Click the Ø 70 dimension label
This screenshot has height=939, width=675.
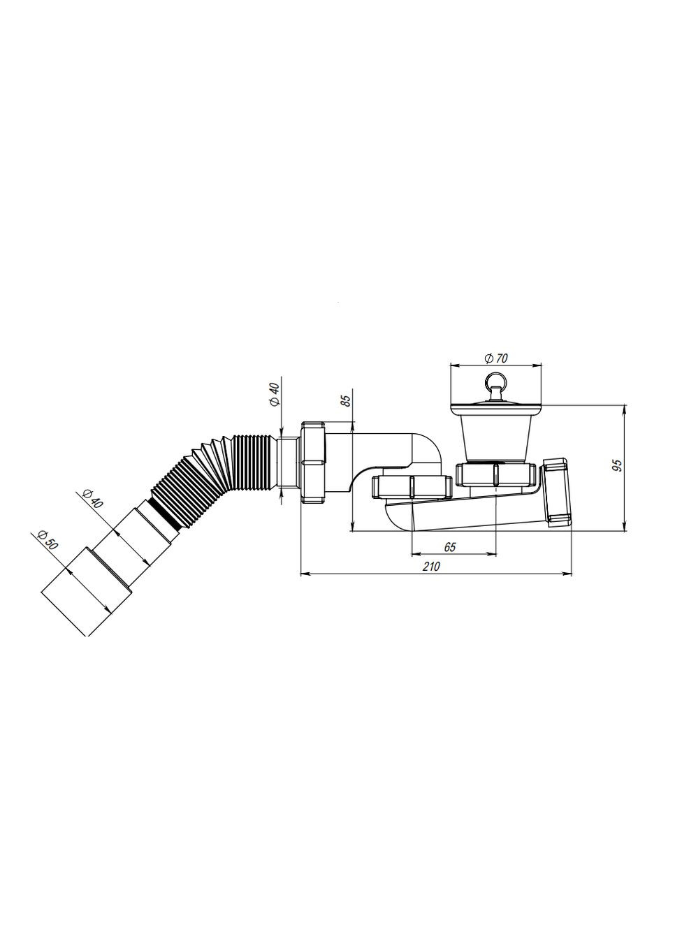point(495,358)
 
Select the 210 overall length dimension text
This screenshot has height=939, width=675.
point(431,567)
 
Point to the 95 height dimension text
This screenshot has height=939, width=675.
point(618,467)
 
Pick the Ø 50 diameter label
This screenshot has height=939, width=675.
point(47,539)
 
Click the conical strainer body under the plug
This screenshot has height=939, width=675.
point(495,437)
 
